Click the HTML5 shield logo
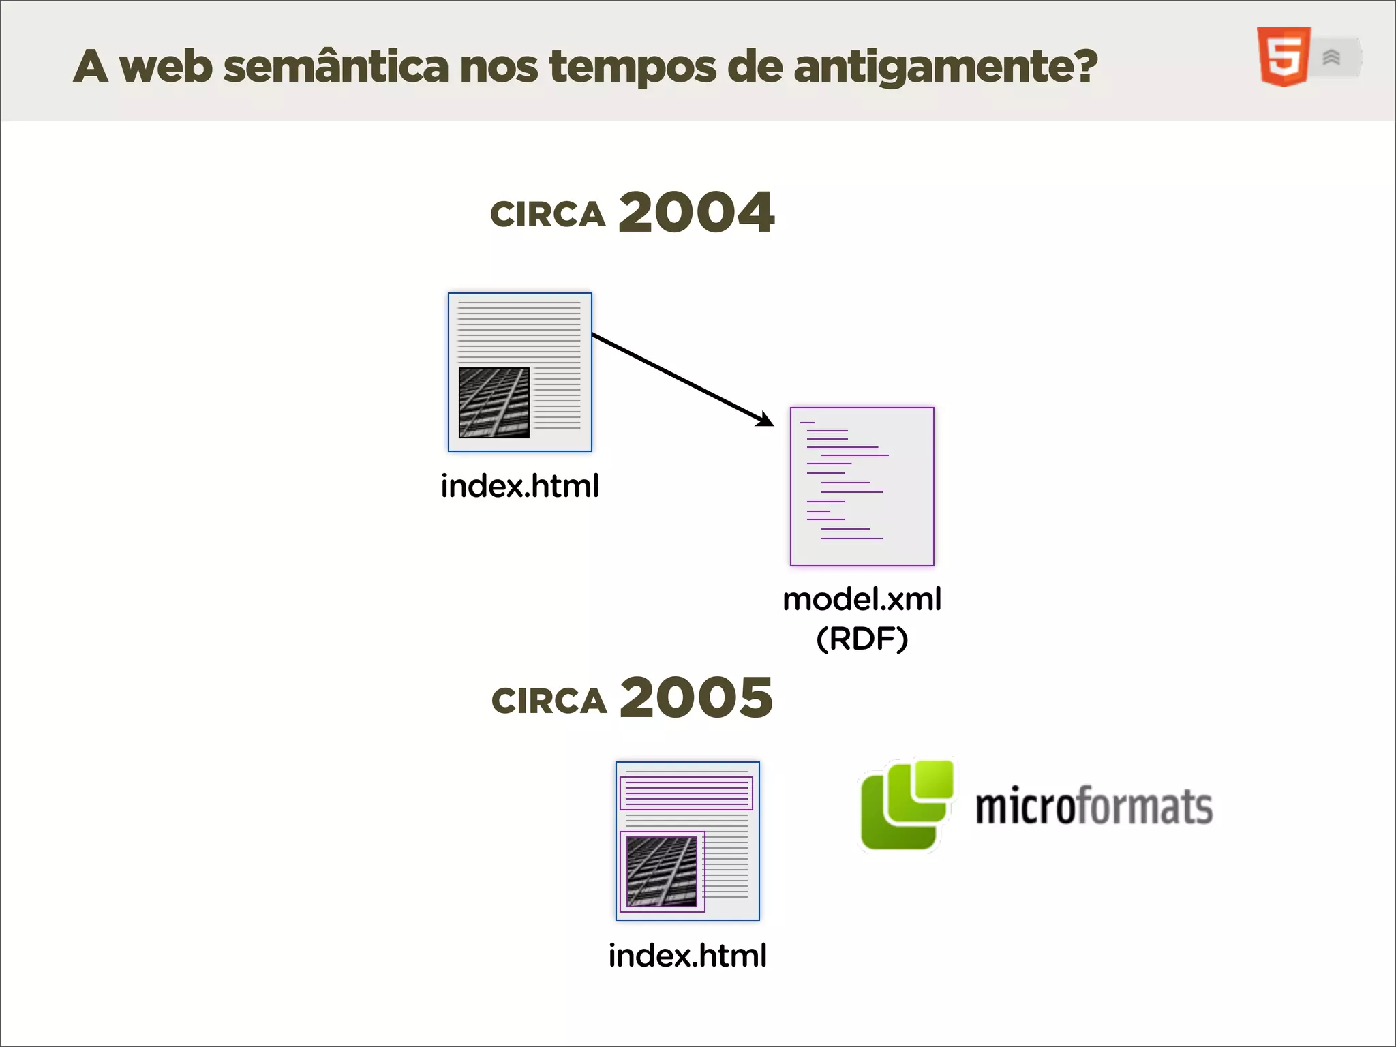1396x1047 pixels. click(x=1284, y=57)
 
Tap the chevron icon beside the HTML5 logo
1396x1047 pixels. click(x=1332, y=58)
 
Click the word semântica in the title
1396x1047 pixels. click(x=335, y=67)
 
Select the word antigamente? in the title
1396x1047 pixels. click(x=945, y=67)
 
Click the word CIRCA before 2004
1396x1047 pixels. click(x=547, y=215)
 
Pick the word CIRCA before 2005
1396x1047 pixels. click(x=549, y=701)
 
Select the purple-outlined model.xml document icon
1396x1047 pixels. click(x=862, y=486)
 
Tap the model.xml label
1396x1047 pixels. click(x=862, y=599)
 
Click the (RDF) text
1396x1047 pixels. click(x=862, y=639)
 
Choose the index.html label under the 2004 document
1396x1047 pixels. click(x=519, y=486)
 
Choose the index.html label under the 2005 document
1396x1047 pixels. click(x=687, y=955)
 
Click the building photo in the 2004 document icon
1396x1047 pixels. click(x=494, y=402)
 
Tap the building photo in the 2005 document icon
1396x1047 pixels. click(x=662, y=871)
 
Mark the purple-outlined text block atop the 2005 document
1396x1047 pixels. click(x=686, y=793)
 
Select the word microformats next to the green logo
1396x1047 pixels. click(x=1093, y=806)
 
